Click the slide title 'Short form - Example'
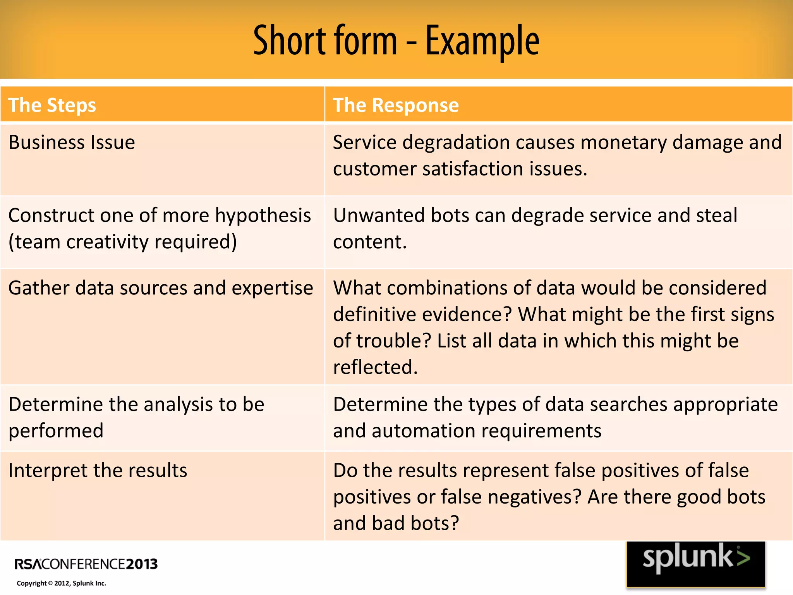[396, 40]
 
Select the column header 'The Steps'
[52, 105]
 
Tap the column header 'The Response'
[396, 105]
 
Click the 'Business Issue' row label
[72, 142]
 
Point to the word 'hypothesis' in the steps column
[263, 216]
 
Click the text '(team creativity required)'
[122, 242]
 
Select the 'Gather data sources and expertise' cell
[161, 288]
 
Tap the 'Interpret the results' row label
[98, 470]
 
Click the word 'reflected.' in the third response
[375, 367]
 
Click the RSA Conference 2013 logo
[86, 564]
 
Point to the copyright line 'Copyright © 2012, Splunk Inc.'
[61, 583]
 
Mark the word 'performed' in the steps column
[56, 431]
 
